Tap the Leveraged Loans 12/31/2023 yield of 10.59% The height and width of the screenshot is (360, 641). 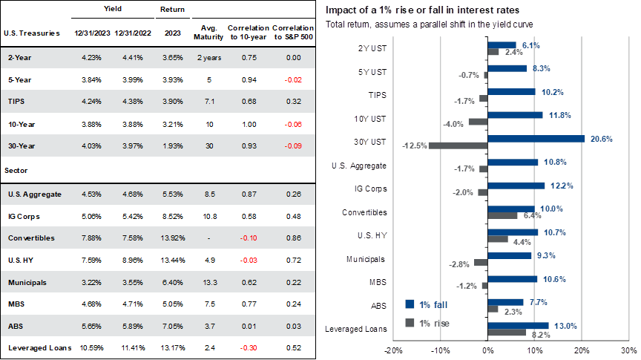coord(90,347)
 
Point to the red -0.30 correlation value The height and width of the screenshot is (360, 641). coord(249,347)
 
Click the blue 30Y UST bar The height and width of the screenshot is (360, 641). coord(536,138)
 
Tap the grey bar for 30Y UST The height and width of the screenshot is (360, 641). coord(457,145)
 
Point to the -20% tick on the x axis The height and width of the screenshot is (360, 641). coord(394,350)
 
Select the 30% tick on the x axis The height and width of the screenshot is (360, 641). coord(629,350)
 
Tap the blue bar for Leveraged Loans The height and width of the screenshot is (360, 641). coord(518,324)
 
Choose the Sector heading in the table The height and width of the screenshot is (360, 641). coord(16,170)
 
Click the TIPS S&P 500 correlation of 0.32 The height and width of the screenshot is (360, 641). coord(292,100)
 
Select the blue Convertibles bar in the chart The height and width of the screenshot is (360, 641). coord(511,209)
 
